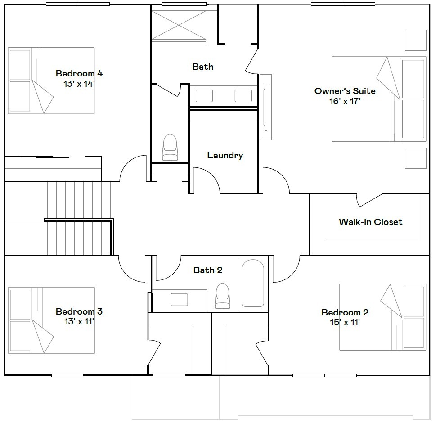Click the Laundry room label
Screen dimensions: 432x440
[x=225, y=156]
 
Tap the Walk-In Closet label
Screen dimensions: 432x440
[x=370, y=222]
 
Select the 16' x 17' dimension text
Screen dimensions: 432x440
[x=345, y=101]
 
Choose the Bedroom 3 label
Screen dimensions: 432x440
[x=79, y=311]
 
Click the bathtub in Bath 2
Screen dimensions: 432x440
[x=253, y=283]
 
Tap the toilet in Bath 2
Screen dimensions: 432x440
[x=222, y=296]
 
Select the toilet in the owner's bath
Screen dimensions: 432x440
[x=170, y=147]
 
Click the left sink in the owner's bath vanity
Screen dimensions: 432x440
[x=204, y=96]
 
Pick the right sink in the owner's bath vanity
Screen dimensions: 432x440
[x=243, y=96]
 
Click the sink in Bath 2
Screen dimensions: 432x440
[x=179, y=299]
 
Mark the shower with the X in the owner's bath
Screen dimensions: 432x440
[x=179, y=25]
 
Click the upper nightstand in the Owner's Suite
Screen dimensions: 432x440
[x=415, y=40]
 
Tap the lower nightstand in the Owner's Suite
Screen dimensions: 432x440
[x=415, y=158]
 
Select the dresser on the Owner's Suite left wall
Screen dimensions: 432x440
[x=266, y=107]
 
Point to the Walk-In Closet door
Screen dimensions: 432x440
[x=369, y=201]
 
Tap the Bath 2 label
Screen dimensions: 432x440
[x=208, y=270]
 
